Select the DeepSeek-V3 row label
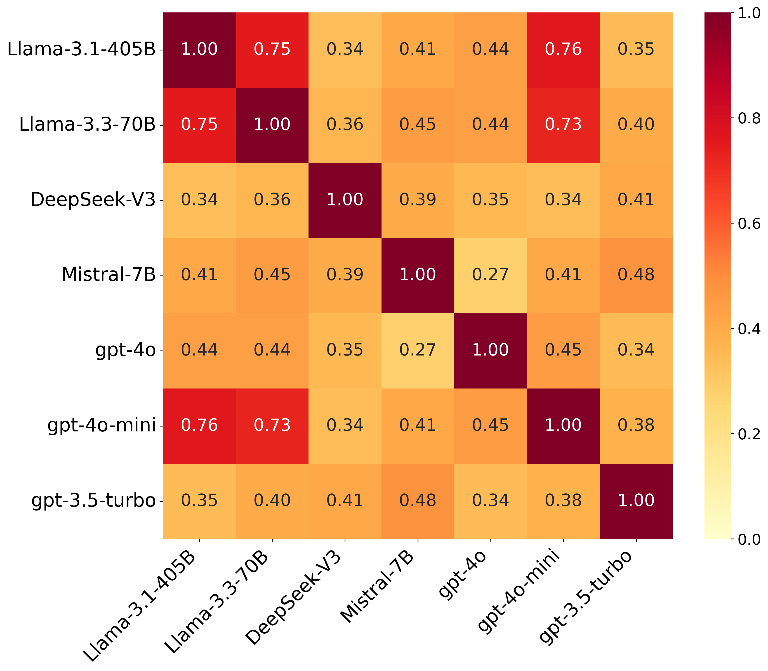click(x=93, y=200)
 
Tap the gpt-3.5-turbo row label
click(x=93, y=500)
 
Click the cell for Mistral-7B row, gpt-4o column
click(x=490, y=275)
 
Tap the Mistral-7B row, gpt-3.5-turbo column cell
click(x=636, y=275)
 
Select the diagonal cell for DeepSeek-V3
click(x=345, y=200)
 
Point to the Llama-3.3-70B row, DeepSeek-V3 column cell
click(x=345, y=124)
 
